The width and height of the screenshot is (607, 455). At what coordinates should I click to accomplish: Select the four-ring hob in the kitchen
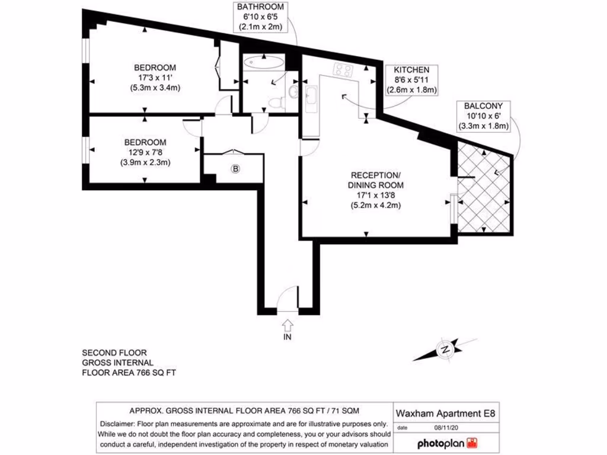(343, 70)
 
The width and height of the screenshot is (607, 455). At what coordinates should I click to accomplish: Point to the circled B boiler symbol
(235, 169)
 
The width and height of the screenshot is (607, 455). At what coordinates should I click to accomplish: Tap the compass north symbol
(445, 350)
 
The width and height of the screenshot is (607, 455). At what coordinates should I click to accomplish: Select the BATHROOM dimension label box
(261, 17)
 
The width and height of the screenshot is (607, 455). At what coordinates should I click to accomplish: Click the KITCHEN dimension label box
(411, 80)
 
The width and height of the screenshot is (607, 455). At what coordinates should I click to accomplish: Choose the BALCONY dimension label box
(484, 116)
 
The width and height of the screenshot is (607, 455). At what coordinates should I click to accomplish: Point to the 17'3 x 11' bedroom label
(154, 78)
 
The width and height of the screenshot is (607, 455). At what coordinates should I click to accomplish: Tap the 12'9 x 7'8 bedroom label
(145, 152)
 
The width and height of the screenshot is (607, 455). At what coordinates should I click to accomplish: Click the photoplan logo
(448, 443)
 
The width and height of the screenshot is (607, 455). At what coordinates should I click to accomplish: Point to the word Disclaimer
(117, 424)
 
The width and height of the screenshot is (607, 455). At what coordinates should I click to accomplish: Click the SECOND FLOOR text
(114, 353)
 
